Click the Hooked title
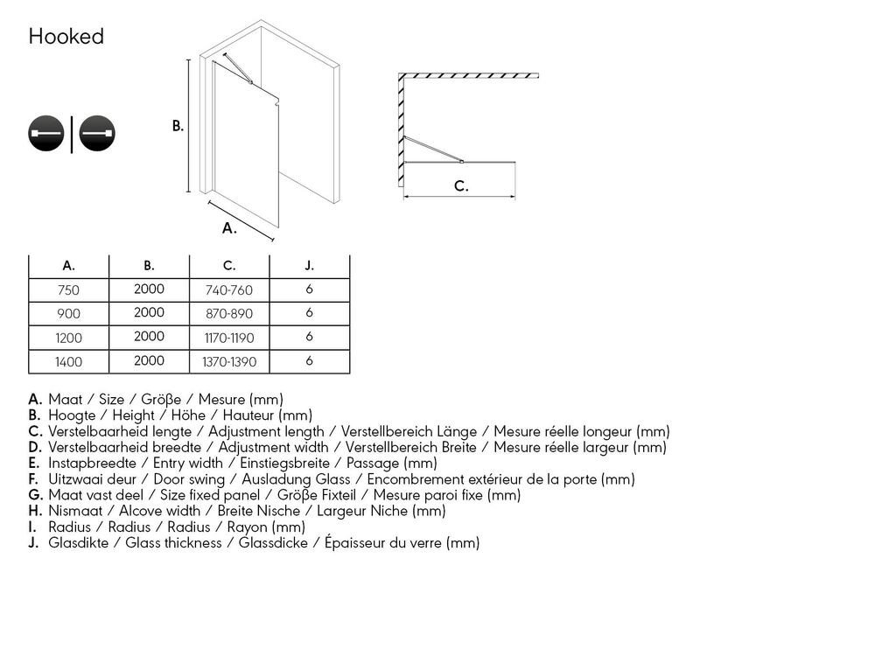point(66,37)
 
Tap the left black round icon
point(45,133)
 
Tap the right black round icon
point(97,133)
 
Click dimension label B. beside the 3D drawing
point(178,126)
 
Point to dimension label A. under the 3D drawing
point(229,228)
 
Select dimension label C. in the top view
point(461,186)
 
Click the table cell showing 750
point(68,290)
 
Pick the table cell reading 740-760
point(229,290)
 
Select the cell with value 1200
point(68,338)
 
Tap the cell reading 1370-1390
point(229,362)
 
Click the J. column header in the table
point(310,266)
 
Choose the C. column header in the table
point(229,266)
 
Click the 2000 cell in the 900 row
point(149,313)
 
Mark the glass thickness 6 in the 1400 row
point(310,361)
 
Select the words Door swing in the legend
point(189,479)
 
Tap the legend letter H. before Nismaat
point(35,511)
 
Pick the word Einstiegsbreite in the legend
point(284,464)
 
